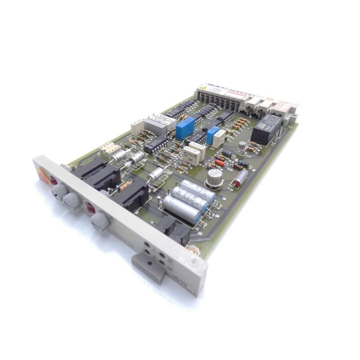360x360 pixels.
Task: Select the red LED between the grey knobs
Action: [x=90, y=207]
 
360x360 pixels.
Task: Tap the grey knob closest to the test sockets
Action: [x=100, y=221]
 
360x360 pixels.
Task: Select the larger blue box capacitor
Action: [x=185, y=127]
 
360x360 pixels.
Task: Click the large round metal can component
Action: [x=214, y=176]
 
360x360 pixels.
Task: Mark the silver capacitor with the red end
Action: [x=240, y=178]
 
